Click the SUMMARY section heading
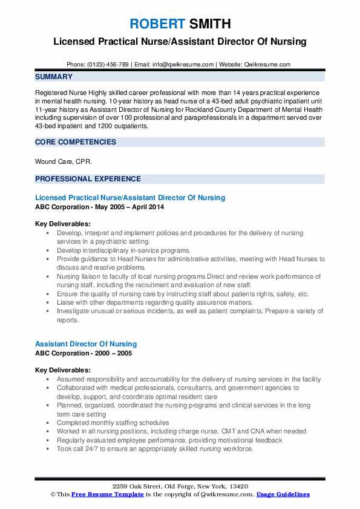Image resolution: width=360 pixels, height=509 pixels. tap(54, 77)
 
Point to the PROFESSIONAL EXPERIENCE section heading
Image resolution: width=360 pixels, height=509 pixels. tap(88, 179)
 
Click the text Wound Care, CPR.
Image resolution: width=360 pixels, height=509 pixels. tap(64, 161)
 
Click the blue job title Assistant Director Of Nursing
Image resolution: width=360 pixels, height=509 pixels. tap(86, 344)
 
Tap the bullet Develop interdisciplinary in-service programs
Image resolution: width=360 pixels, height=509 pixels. tap(123, 250)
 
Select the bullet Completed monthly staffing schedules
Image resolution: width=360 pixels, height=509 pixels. tap(113, 423)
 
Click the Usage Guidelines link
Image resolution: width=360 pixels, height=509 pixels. tap(283, 494)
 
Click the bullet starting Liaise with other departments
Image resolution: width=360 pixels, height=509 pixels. tap(151, 302)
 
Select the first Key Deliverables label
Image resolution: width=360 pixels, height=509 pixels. tap(63, 223)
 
